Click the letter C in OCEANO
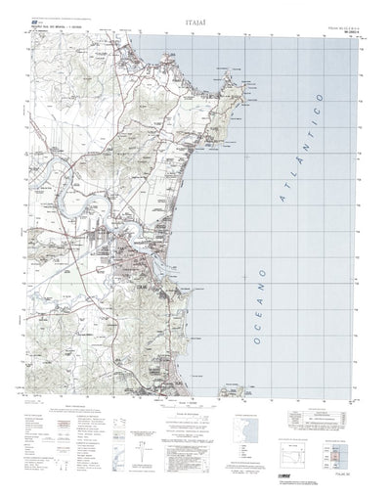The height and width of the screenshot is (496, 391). click(x=245, y=336)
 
